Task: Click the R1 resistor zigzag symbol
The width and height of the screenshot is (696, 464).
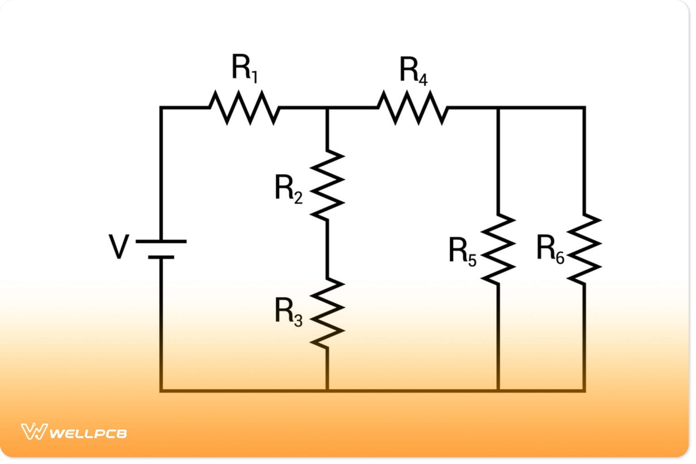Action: point(244,108)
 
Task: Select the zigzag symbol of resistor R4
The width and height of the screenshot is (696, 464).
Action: point(412,108)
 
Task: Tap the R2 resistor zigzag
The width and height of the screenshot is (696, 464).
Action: point(327,185)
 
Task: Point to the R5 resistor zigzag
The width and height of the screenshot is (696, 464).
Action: point(498,249)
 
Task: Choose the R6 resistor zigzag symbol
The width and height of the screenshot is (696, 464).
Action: point(584,249)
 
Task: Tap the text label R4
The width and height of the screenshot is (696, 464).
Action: point(413,71)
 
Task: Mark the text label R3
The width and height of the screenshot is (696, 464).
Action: point(288,312)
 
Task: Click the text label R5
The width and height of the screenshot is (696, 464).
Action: point(462,251)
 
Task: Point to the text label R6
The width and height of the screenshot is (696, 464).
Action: point(550,249)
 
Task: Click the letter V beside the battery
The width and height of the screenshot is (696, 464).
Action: point(119,246)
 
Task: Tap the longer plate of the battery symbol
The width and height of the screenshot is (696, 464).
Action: point(161,242)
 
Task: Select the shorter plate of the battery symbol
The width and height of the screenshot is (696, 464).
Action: point(161,257)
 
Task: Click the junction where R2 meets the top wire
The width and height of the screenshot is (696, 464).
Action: point(327,108)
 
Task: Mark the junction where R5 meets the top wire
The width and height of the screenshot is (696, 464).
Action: point(498,108)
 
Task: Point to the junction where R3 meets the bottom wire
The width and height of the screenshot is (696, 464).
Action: point(327,390)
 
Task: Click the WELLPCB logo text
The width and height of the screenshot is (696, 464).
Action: point(88,434)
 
